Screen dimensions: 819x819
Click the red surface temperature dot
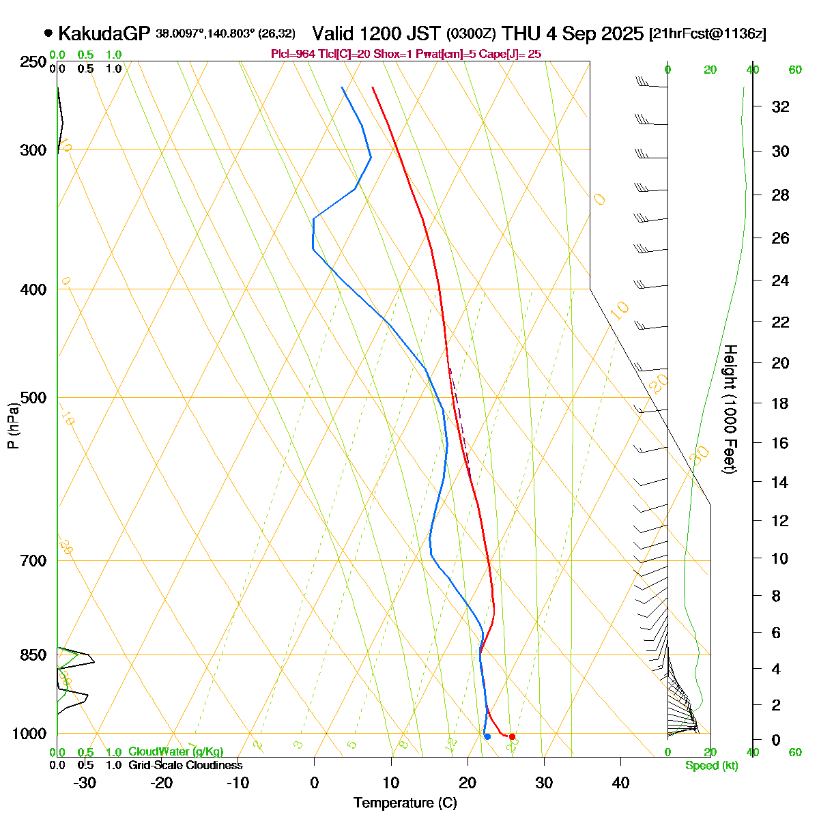pyautogui.click(x=512, y=736)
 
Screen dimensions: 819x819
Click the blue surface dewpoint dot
pyautogui.click(x=487, y=736)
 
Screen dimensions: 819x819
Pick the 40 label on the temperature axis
pyautogui.click(x=620, y=783)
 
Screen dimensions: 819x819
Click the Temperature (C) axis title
pyautogui.click(x=405, y=803)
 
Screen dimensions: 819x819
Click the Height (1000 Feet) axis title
pyautogui.click(x=729, y=409)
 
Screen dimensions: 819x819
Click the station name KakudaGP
pyautogui.click(x=104, y=33)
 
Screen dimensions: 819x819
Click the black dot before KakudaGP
pyautogui.click(x=48, y=32)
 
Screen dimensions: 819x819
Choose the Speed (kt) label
pyautogui.click(x=711, y=766)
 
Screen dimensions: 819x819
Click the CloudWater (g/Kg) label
pyautogui.click(x=175, y=751)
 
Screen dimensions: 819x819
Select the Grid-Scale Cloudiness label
pyautogui.click(x=185, y=765)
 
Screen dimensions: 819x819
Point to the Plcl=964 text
pyautogui.click(x=294, y=54)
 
